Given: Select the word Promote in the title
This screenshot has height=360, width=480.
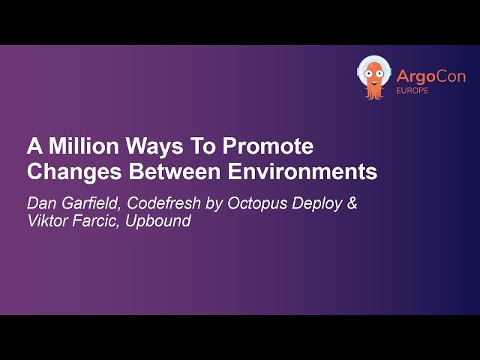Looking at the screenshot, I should pyautogui.click(x=263, y=145).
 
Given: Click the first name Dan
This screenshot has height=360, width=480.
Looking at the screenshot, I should pyautogui.click(x=41, y=202).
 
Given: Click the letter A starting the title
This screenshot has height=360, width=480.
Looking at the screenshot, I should pyautogui.click(x=34, y=145).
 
